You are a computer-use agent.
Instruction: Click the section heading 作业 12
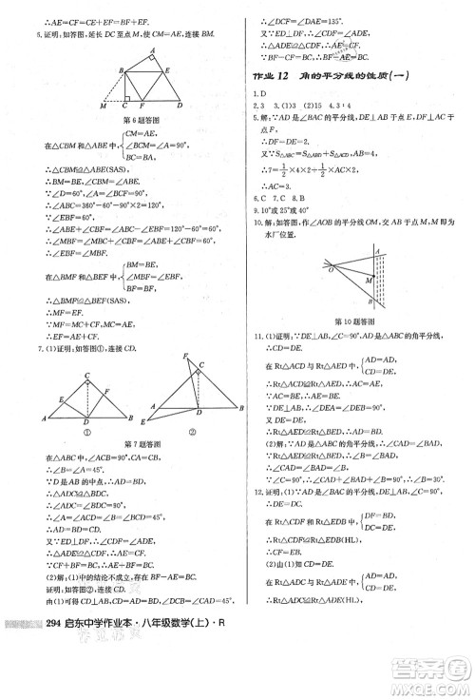click(269, 78)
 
